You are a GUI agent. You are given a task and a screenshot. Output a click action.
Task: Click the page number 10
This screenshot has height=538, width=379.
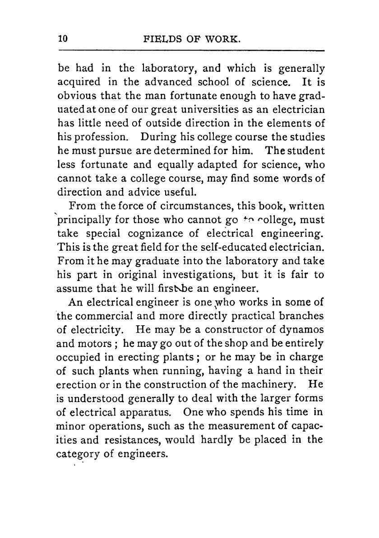point(63,39)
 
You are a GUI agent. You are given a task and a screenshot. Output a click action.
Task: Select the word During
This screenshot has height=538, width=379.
point(155,136)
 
